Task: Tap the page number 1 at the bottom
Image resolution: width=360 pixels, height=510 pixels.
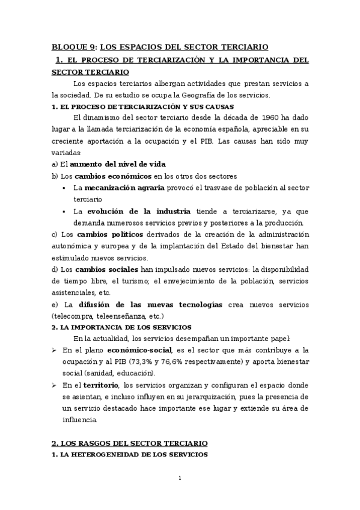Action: coord(180,478)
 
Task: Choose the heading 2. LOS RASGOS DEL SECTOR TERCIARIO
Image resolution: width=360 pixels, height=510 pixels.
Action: coord(129,443)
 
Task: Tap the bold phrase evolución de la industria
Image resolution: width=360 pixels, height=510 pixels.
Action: coord(139,210)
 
